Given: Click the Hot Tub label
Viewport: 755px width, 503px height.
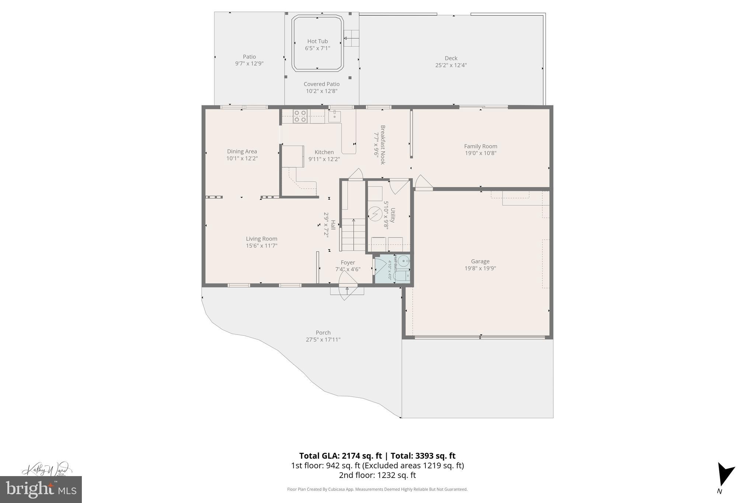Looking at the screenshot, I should tap(317, 41).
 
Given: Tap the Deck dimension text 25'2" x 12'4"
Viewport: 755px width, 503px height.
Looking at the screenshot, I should tap(451, 65).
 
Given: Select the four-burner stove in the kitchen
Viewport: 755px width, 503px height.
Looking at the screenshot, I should tap(300, 116).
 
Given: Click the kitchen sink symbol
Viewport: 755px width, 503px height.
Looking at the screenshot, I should tap(334, 116).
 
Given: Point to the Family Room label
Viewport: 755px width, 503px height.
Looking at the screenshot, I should tap(480, 146).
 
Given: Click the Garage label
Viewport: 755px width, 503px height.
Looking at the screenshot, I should tap(480, 261).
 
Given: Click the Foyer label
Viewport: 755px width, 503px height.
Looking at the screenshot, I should tap(348, 262).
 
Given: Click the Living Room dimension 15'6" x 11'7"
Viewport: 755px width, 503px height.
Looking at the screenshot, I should tap(261, 246).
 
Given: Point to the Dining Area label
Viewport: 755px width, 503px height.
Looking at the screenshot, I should tap(242, 151).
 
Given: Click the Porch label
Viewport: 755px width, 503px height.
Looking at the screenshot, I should tap(323, 332).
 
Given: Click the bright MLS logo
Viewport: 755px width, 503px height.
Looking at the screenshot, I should tap(41, 489).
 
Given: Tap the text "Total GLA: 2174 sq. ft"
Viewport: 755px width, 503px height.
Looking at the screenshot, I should tap(340, 456).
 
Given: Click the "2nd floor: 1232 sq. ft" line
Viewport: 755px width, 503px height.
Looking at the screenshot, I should tap(377, 475).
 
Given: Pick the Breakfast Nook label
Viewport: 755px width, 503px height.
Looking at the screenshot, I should tap(383, 145).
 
